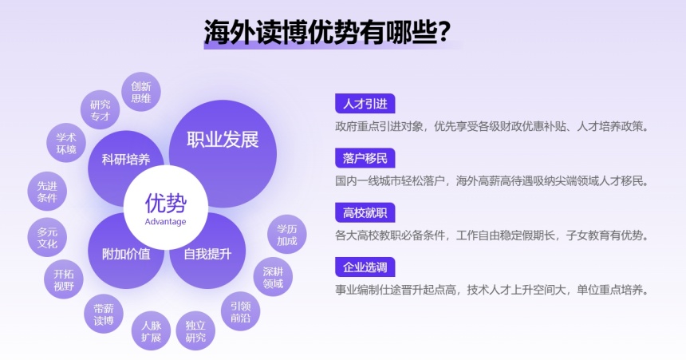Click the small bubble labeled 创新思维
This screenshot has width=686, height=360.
click(141, 92)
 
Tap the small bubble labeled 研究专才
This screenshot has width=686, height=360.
click(101, 110)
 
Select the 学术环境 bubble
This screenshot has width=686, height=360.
click(66, 143)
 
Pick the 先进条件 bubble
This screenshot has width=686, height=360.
click(47, 192)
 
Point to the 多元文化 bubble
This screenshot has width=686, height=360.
click(47, 237)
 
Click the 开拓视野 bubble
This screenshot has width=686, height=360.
click(64, 279)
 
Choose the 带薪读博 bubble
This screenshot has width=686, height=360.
click(104, 314)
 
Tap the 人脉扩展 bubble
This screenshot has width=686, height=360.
click(151, 331)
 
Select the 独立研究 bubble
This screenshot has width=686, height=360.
click(195, 331)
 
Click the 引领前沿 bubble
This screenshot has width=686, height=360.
click(240, 311)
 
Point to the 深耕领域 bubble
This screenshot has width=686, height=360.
click(273, 277)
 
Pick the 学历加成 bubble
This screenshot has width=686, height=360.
click(286, 235)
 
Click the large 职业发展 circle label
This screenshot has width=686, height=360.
click(223, 140)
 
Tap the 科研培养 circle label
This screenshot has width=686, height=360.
click(126, 159)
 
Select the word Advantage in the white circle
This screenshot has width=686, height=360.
click(165, 222)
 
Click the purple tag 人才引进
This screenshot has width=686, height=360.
click(365, 104)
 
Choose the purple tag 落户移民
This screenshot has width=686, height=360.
click(365, 158)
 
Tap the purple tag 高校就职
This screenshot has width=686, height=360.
click(365, 213)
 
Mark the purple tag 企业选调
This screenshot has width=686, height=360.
click(365, 267)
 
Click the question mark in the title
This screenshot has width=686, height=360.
click(444, 32)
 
